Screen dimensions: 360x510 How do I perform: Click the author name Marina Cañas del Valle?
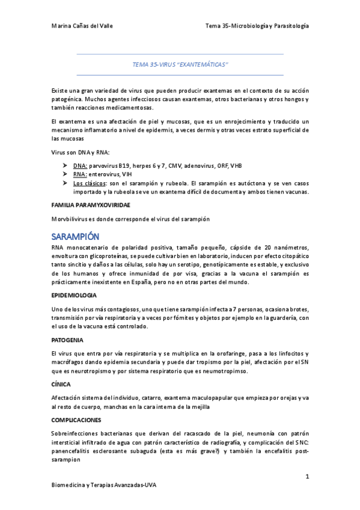click(82, 26)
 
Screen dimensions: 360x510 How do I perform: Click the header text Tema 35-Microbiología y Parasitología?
click(257, 26)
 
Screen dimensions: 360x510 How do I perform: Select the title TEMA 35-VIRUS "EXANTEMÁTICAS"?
click(180, 64)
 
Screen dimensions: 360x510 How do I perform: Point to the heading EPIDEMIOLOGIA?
click(75, 295)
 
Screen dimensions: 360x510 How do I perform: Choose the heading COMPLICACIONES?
click(76, 419)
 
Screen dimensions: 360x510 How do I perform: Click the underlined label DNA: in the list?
click(81, 165)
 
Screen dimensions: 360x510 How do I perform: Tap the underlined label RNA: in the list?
click(80, 174)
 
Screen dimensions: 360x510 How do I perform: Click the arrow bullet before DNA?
click(65, 165)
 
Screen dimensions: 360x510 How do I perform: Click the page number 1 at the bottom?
click(307, 477)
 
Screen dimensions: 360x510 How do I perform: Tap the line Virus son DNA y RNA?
click(81, 153)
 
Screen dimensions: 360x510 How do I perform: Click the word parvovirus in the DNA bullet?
click(106, 165)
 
